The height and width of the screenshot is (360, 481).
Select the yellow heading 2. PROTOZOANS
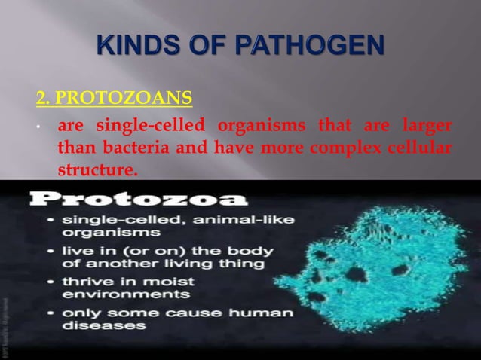(x=113, y=98)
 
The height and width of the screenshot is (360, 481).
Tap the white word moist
(x=167, y=281)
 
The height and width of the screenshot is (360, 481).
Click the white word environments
(x=109, y=294)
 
